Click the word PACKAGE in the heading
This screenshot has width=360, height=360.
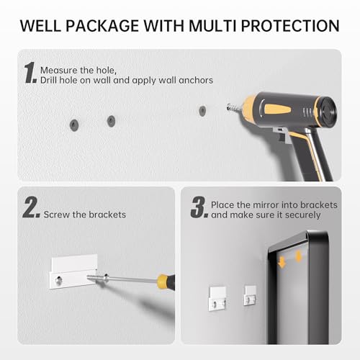coord(102,26)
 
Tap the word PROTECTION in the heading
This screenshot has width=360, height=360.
coord(290,26)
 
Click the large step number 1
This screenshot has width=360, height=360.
coord(30,73)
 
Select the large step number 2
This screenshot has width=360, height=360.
coord(31,207)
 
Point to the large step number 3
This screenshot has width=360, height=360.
coord(199,207)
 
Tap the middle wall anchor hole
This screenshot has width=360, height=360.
coord(111,121)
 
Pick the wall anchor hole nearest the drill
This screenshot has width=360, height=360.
coord(202,111)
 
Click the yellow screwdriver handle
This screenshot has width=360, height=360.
coord(166,282)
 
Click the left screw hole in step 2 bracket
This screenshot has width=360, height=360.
coord(59,280)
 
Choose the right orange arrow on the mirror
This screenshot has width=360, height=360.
coord(299,257)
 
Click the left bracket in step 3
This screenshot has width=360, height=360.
coord(217,299)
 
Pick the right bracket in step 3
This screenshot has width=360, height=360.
coord(250,295)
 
